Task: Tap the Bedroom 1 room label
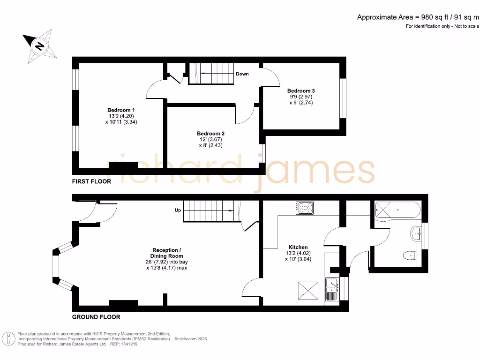121,110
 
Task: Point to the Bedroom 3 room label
301,90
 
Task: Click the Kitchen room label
298,247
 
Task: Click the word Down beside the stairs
242,74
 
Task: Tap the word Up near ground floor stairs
178,210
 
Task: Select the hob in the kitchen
305,208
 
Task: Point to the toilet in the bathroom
409,255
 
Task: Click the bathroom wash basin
416,233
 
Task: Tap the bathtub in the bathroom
397,209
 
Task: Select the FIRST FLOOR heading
91,181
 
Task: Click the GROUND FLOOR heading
96,317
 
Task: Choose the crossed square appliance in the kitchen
308,291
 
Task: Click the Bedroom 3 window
343,97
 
